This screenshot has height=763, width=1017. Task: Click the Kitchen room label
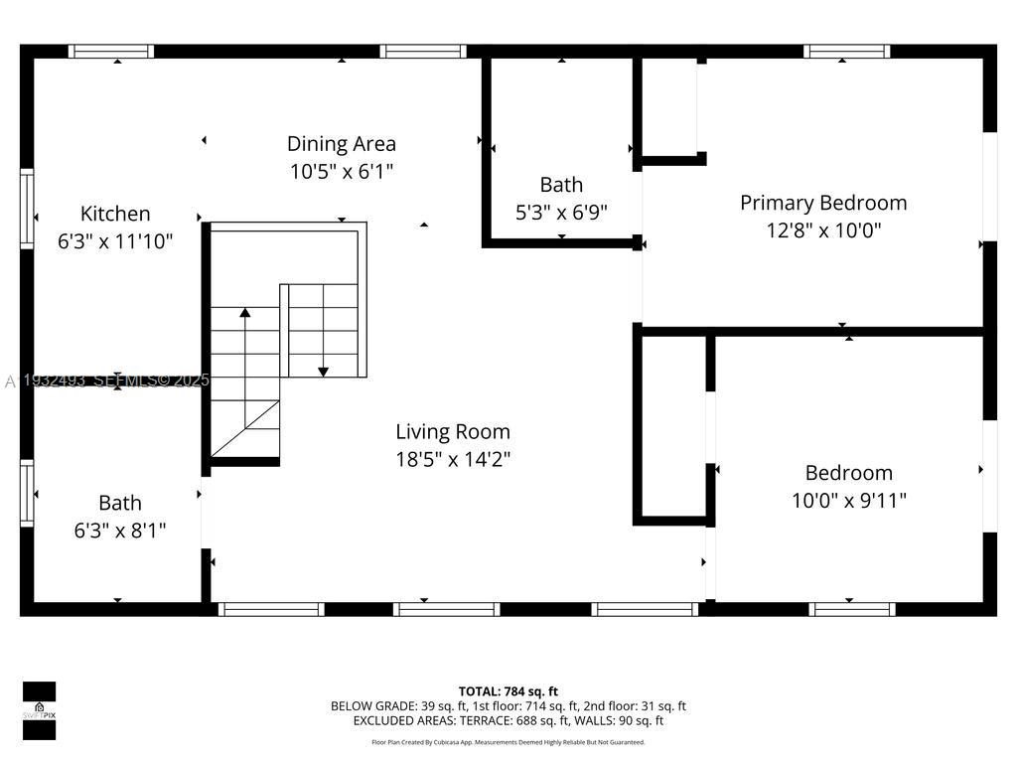point(115,214)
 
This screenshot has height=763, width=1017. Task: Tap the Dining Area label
point(342,144)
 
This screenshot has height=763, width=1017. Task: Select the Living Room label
point(453,432)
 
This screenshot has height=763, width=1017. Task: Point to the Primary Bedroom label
point(823,203)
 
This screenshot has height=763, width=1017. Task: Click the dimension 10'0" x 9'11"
point(848,501)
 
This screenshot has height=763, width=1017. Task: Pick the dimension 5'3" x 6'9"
point(561,212)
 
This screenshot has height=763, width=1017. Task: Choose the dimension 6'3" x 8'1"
point(119,531)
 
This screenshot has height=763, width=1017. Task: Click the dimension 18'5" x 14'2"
point(453,459)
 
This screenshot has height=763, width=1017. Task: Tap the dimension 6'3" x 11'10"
point(115,240)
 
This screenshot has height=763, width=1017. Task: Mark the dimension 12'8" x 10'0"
point(823,230)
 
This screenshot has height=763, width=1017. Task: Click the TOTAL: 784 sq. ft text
point(508,691)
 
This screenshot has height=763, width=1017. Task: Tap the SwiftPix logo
point(39,710)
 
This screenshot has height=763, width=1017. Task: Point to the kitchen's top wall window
point(110,52)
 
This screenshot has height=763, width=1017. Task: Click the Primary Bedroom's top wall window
point(846,52)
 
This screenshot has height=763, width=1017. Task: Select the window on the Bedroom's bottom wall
point(852,609)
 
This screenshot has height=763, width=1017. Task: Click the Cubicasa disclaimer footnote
point(508,742)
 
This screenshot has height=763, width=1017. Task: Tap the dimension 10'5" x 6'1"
point(342,171)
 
